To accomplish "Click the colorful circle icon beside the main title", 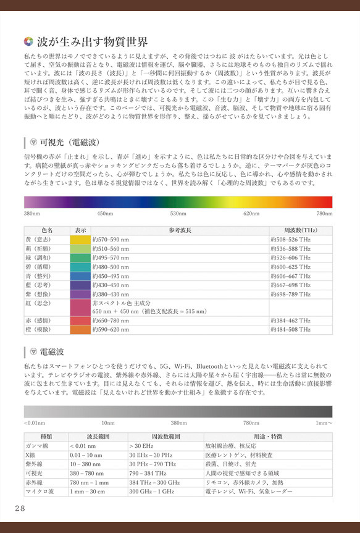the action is tap(28, 43).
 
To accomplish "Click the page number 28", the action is tap(20, 508).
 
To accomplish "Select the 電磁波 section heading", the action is tap(53, 353).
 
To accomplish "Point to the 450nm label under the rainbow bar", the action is tap(105, 214).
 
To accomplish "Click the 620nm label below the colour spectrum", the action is tap(251, 214).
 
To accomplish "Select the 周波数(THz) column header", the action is tap(300, 230).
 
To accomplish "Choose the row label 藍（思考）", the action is tap(38, 285).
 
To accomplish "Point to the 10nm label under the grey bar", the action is tap(108, 424).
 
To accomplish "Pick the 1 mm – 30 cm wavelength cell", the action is tap(87, 492).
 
